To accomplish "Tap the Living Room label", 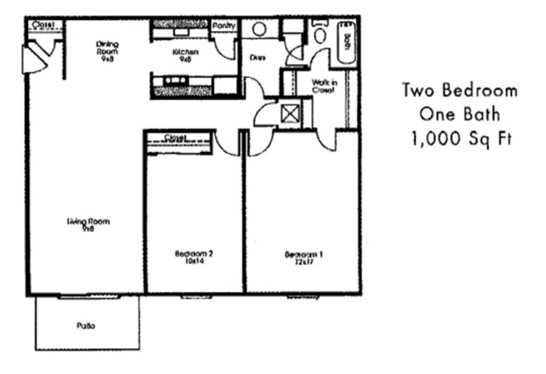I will point(88,224).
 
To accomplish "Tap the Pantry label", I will point(224,26).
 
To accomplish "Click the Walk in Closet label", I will point(324,86).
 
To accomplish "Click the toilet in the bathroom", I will point(320,34).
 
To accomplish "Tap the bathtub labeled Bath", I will point(346,41).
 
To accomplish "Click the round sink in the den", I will point(259,29).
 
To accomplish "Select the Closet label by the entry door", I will point(42,25).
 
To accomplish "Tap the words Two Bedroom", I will point(459,91).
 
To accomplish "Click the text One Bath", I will point(459,114).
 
